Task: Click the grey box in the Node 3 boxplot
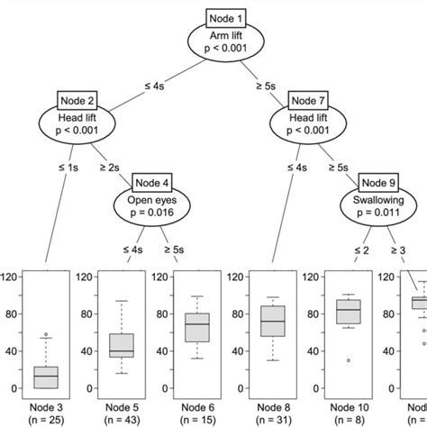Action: [46, 377]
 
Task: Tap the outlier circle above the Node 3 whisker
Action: [46, 335]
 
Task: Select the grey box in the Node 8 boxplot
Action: [272, 321]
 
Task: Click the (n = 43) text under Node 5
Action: [122, 419]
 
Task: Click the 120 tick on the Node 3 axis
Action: [12, 277]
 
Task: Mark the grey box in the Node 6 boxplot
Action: [197, 327]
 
